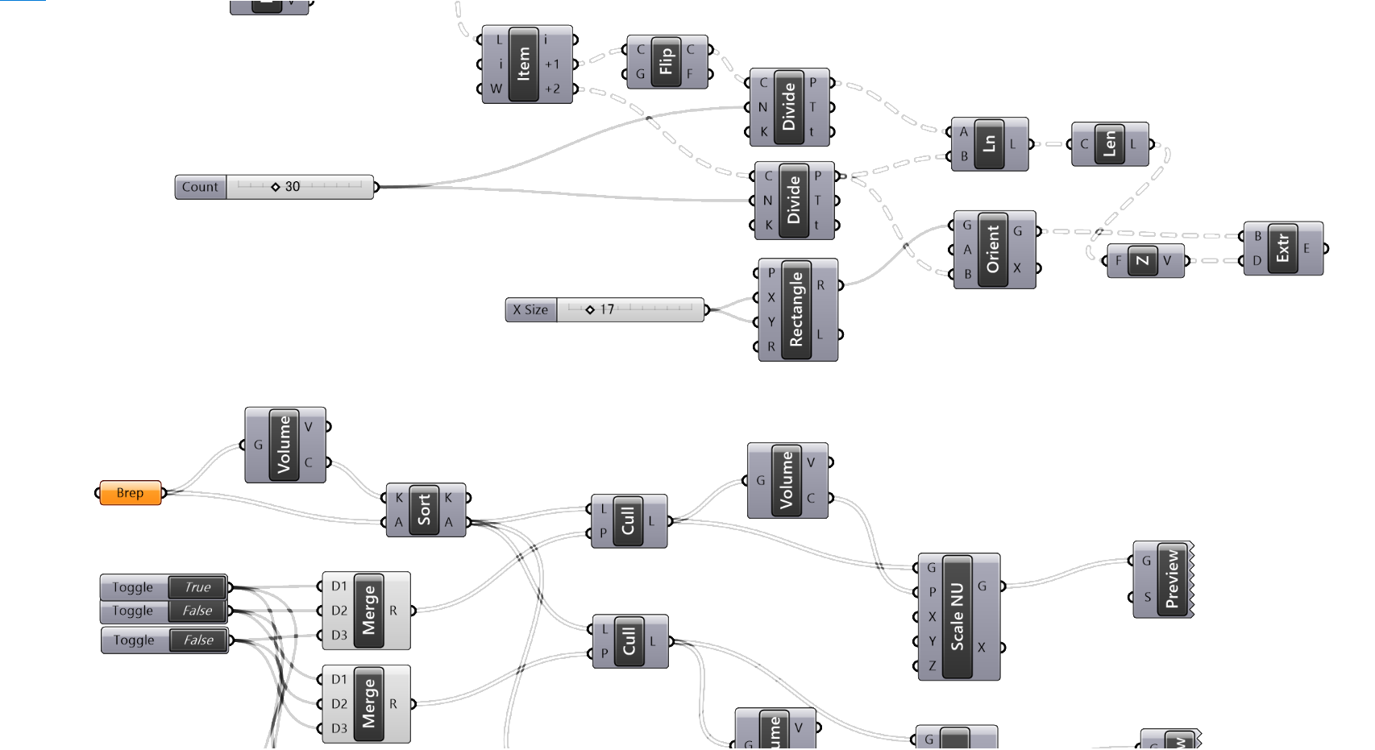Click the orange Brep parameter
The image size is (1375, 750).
pyautogui.click(x=130, y=493)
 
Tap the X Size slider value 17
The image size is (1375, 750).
pyautogui.click(x=629, y=309)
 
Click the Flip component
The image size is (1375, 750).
pyautogui.click(x=666, y=61)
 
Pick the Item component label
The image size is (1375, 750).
pyautogui.click(x=524, y=64)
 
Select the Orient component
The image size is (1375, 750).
pyautogui.click(x=993, y=249)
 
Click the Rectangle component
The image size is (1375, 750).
pyautogui.click(x=796, y=309)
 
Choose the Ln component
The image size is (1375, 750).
pyautogui.click(x=989, y=144)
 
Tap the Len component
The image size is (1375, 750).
pyautogui.click(x=1110, y=144)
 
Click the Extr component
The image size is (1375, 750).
pyautogui.click(x=1282, y=248)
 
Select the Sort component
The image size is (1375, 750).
pyautogui.click(x=424, y=510)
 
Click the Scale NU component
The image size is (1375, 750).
pyautogui.click(x=958, y=616)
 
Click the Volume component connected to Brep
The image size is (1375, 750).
pyautogui.click(x=284, y=445)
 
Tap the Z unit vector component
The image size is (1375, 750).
pyautogui.click(x=1142, y=260)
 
